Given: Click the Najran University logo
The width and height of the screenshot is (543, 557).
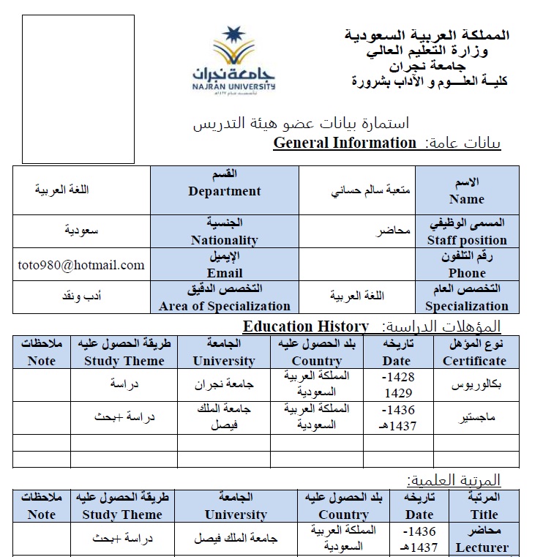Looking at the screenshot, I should [x=234, y=60].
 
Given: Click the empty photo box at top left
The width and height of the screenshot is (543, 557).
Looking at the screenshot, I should [x=78, y=89].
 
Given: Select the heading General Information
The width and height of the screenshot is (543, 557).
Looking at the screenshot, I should [x=345, y=143].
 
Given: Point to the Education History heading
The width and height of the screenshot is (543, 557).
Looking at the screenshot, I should [x=306, y=326].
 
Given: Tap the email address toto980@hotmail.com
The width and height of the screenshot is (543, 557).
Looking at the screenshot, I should [x=81, y=265].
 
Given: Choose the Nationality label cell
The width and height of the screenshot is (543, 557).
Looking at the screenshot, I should [x=225, y=231].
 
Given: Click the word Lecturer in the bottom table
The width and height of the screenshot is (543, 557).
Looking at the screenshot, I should [x=482, y=547].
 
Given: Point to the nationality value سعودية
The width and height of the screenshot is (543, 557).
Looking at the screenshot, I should [x=81, y=231].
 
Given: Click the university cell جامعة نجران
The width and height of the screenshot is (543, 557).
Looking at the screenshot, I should [x=223, y=385].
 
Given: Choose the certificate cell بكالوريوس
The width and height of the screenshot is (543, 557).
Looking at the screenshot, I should [x=475, y=384].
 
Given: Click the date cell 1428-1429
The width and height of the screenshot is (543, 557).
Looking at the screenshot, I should [x=399, y=384].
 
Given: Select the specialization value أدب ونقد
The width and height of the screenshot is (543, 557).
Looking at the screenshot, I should [x=81, y=298].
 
